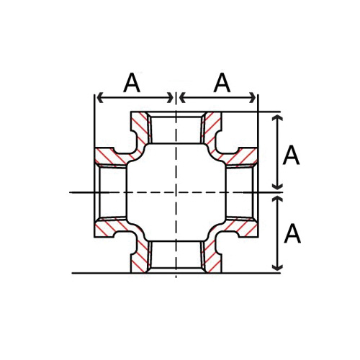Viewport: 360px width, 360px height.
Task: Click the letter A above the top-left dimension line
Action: pos(132,83)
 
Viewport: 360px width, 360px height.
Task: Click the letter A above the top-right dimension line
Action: pos(222,83)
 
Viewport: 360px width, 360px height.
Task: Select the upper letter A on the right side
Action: pos(291,155)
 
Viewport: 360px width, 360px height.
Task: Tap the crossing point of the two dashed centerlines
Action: pos(176,192)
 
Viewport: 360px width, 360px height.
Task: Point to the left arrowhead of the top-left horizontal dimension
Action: pos(99,97)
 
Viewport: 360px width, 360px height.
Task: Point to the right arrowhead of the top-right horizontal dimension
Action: pos(253,97)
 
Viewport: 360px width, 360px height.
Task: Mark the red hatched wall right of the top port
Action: pos(212,130)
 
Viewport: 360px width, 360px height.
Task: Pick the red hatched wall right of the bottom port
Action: pos(212,256)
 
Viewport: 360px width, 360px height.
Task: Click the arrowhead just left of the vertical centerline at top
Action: pos(170,97)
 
